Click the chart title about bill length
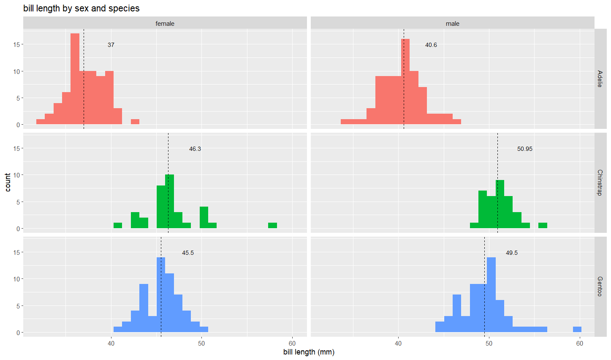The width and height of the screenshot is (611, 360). [81, 8]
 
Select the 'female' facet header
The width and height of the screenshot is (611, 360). [165, 24]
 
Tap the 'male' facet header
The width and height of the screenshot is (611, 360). [452, 24]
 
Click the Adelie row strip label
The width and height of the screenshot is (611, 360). [600, 79]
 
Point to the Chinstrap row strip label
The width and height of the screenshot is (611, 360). [600, 183]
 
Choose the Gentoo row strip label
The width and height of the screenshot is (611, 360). [600, 286]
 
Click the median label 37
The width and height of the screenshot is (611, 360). [111, 45]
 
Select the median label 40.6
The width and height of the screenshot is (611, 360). [431, 45]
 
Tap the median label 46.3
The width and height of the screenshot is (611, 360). [195, 149]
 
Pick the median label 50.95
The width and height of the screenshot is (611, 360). [524, 149]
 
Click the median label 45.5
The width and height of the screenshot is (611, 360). [188, 253]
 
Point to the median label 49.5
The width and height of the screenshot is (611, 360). [511, 253]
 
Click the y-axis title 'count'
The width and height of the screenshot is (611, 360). [8, 182]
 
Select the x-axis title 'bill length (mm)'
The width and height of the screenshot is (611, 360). [309, 352]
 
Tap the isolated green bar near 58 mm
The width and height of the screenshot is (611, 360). [272, 226]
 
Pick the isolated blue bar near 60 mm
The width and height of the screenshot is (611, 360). [577, 330]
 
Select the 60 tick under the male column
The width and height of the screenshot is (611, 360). [579, 344]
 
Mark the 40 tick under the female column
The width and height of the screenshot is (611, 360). [111, 344]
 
